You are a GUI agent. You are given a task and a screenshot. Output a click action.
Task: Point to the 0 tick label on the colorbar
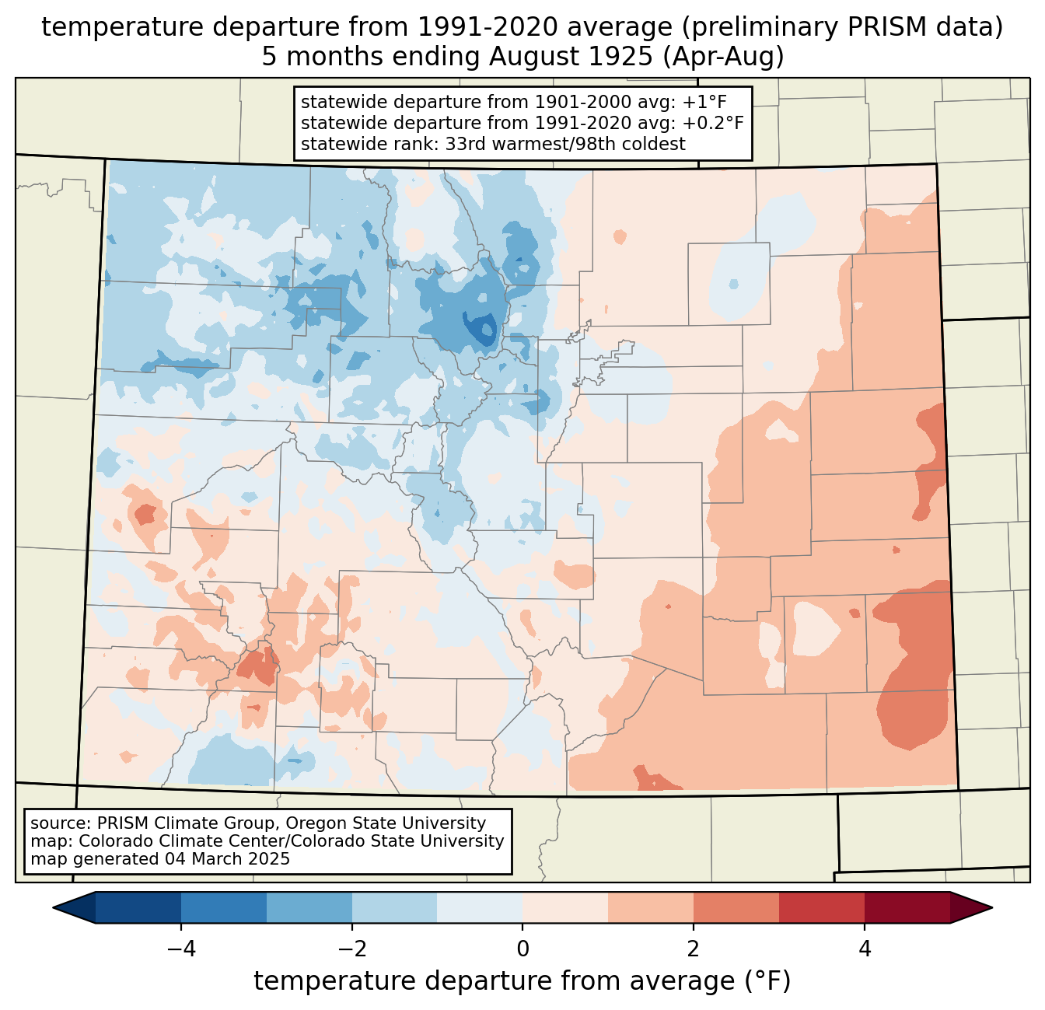pos(522,949)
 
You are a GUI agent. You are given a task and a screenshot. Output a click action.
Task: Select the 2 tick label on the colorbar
pos(694,949)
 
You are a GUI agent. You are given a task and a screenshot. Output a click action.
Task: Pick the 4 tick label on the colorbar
pos(865,949)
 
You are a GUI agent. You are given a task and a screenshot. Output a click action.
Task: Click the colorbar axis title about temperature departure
pos(522,981)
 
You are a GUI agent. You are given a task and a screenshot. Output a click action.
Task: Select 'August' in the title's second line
pos(536,57)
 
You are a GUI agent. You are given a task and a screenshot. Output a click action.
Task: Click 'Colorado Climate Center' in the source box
pos(168,841)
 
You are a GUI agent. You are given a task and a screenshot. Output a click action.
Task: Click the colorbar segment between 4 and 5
pos(907,907)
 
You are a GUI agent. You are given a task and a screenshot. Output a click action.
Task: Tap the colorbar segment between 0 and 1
pos(565,907)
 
